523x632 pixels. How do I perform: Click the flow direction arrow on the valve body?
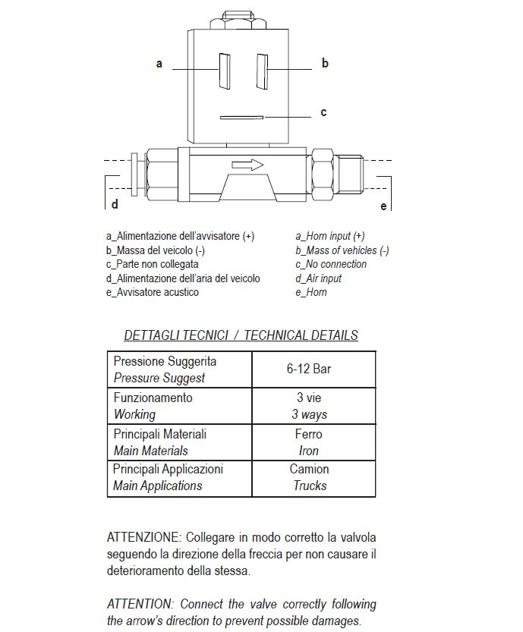pos(247,165)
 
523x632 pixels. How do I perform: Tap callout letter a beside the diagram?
pos(159,64)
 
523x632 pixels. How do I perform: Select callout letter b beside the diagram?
pos(325,64)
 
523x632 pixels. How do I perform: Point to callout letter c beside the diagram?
pos(323,112)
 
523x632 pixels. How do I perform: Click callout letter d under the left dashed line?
pos(115,204)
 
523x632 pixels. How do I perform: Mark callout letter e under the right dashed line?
pos(383,206)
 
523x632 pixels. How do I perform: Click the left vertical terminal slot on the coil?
pos(224,71)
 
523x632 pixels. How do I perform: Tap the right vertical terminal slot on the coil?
pos(261,71)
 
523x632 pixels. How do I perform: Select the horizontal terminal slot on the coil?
pos(241,118)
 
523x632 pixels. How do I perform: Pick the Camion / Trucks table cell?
pos(309,477)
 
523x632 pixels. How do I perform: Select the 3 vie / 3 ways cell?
pos(309,406)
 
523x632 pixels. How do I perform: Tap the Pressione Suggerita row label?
pos(165,361)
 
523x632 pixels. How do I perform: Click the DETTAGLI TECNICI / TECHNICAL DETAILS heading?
pos(241,335)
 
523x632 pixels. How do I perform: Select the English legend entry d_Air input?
pos(319,278)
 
